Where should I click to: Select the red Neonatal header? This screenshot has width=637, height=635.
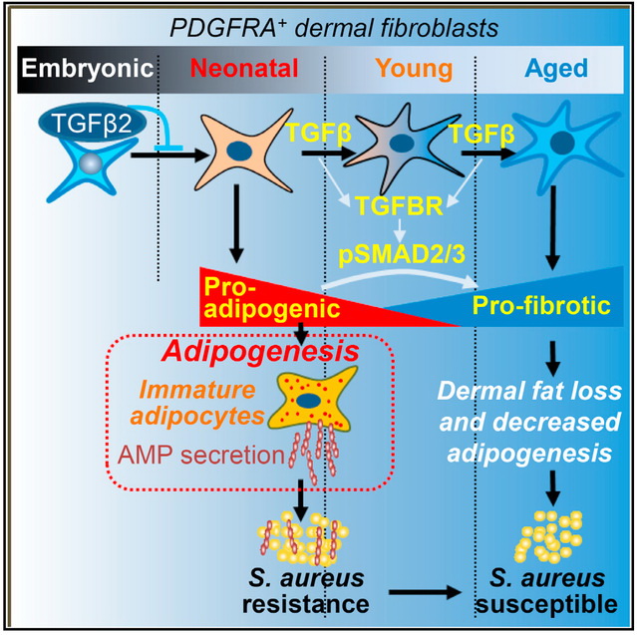coord(243,69)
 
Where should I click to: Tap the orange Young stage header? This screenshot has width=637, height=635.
coord(410,69)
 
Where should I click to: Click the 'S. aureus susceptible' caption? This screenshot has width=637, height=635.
coord(540,590)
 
